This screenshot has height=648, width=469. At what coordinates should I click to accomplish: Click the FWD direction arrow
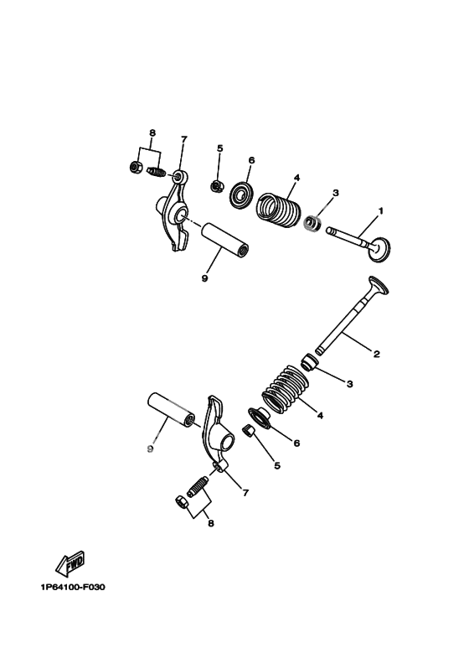[70, 562]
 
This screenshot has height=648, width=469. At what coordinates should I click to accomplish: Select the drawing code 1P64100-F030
[73, 587]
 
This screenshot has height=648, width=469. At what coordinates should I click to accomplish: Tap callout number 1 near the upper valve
[381, 211]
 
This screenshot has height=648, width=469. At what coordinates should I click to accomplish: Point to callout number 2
[376, 354]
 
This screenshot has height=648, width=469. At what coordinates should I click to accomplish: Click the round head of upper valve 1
[379, 249]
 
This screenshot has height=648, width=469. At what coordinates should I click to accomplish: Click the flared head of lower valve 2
[379, 286]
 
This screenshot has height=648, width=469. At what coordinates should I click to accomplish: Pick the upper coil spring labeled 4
[278, 209]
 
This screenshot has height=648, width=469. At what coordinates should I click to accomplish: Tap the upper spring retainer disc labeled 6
[241, 194]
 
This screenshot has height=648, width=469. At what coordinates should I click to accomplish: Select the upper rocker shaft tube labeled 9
[226, 240]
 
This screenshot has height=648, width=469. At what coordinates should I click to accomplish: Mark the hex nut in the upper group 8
[136, 167]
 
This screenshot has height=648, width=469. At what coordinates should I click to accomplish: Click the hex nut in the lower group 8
[181, 502]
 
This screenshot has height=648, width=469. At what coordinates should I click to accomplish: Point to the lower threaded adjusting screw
[198, 487]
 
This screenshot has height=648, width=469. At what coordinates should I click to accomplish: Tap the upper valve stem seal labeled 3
[313, 223]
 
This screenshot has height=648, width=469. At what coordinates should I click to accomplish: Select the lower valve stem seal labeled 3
[309, 362]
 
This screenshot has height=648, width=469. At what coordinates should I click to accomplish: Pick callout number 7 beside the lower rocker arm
[245, 493]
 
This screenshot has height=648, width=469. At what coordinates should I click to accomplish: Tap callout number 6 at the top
[251, 160]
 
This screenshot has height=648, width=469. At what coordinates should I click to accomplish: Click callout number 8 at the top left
[152, 133]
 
